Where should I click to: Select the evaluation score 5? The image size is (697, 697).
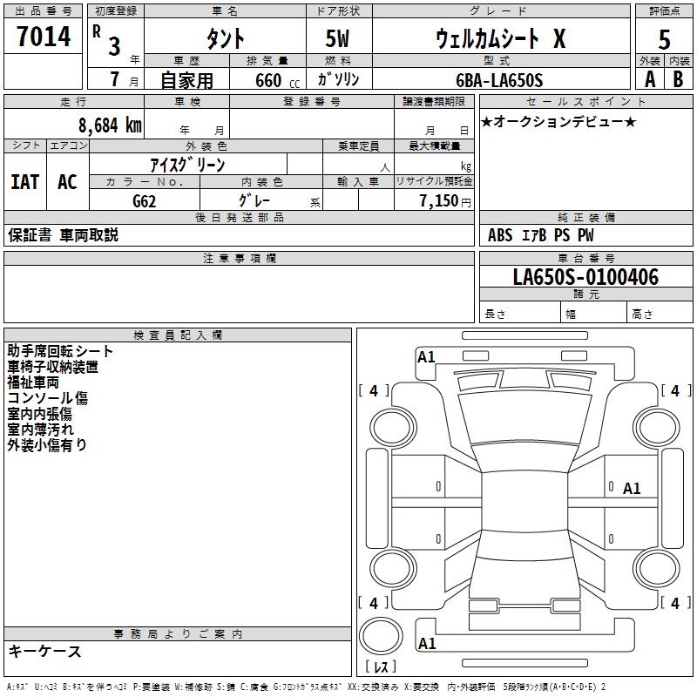[664, 39]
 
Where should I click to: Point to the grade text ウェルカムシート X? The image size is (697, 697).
[500, 39]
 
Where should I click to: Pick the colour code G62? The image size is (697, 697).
[145, 200]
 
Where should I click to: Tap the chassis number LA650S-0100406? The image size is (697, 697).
[585, 277]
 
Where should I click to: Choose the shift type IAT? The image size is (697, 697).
[24, 181]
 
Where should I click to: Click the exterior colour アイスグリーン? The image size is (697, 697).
[187, 164]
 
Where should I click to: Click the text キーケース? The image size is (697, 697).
[45, 652]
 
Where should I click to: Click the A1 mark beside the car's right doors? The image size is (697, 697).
[632, 489]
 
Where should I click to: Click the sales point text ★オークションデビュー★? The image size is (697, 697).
[558, 121]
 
